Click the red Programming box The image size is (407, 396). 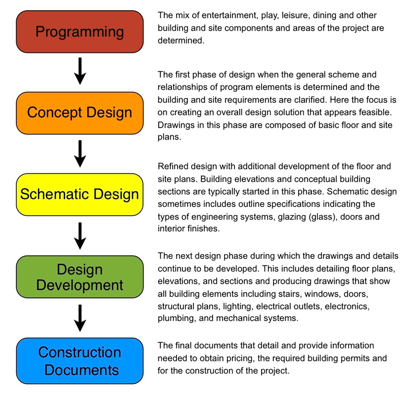[79, 32]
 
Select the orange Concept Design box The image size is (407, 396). [79, 112]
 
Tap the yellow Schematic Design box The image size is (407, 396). [79, 194]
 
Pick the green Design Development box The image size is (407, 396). [79, 277]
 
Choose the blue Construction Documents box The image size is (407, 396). [79, 360]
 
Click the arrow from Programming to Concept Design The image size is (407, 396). [79, 71]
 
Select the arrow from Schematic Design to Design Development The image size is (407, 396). [79, 234]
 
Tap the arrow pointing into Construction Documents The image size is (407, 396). [79, 318]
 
